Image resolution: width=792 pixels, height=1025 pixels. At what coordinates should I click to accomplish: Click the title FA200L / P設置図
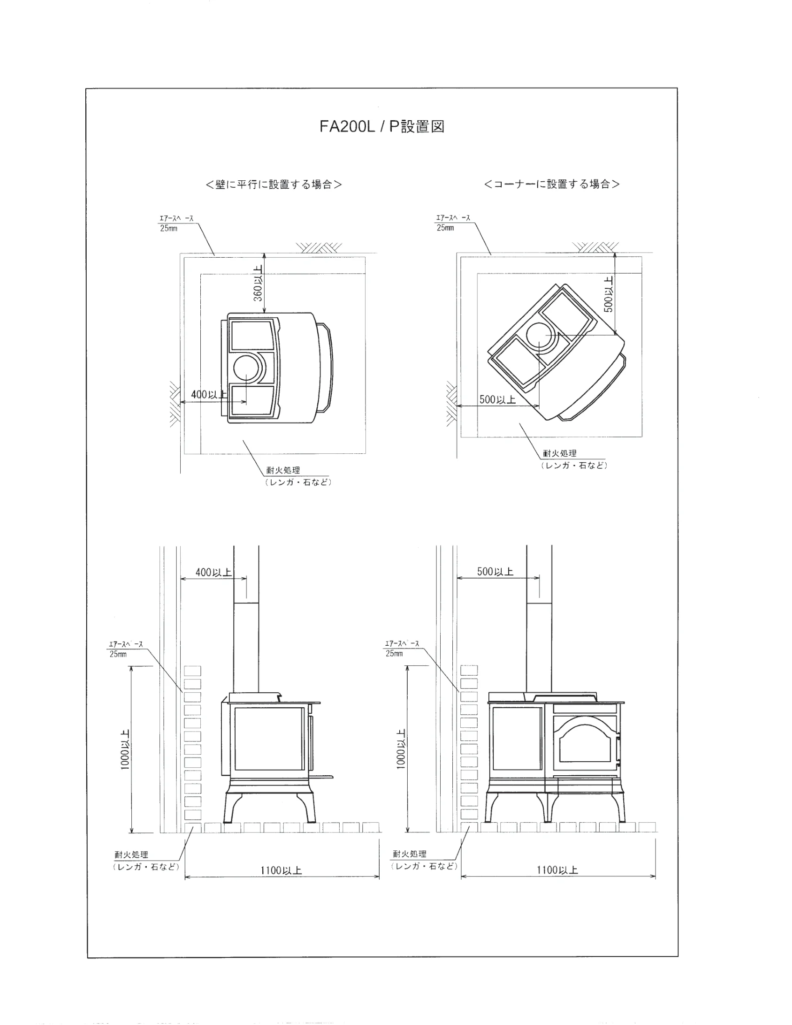[382, 127]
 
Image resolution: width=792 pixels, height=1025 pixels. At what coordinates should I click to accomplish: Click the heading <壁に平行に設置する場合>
[274, 184]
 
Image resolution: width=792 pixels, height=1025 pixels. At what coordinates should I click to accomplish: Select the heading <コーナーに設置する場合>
[552, 184]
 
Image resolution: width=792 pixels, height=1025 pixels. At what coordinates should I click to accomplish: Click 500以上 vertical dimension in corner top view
[608, 294]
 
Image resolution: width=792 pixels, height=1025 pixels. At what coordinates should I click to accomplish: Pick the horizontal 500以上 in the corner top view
[498, 399]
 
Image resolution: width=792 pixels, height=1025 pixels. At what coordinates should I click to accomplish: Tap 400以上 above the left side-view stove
[213, 572]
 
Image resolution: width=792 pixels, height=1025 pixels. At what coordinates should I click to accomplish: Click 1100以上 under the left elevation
[281, 871]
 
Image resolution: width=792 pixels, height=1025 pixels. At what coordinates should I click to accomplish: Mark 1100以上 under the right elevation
[557, 870]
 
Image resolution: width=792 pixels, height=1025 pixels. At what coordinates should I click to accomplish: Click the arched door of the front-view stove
[585, 743]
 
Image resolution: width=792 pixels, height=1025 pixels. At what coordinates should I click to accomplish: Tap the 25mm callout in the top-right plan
[445, 228]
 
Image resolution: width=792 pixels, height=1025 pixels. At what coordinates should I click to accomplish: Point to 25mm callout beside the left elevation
[118, 654]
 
